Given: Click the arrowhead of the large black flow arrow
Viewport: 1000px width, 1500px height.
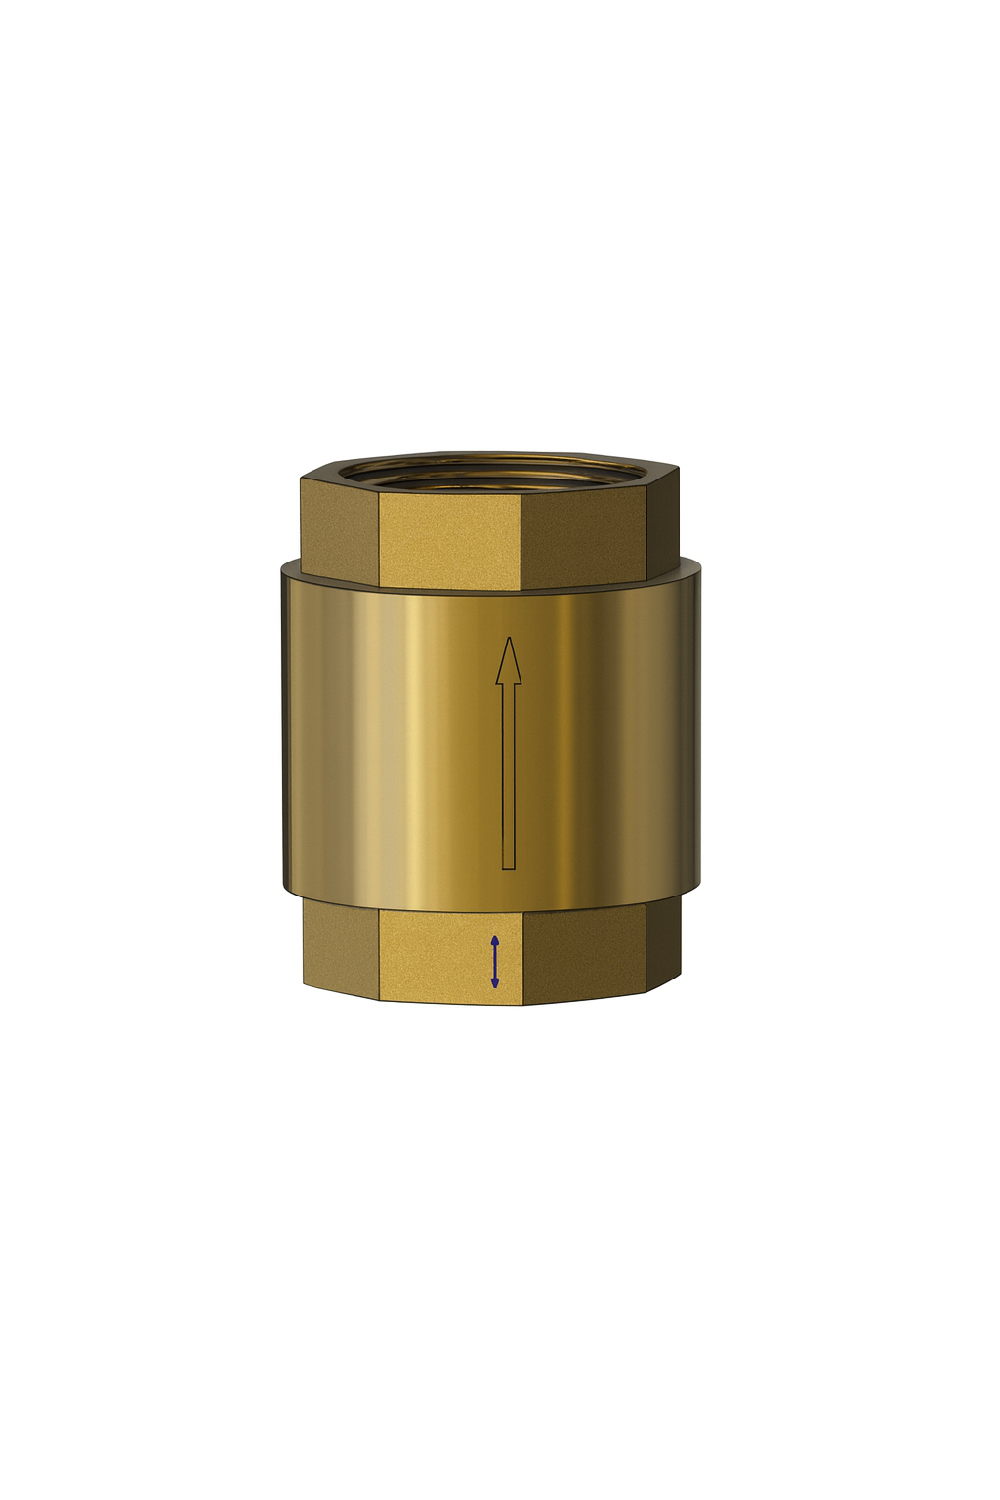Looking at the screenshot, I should tap(508, 661).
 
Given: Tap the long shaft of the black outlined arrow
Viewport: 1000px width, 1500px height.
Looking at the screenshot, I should tap(508, 771).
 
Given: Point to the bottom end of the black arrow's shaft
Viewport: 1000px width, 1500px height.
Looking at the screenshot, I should tap(508, 866).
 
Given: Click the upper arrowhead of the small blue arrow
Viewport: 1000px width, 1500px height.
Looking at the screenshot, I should tap(495, 940).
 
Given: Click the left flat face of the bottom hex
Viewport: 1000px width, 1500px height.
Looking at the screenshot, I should tap(340, 945).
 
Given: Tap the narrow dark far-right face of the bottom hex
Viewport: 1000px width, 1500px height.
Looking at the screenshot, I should tap(665, 942).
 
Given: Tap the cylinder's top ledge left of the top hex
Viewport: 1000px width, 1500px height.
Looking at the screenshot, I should tap(290, 567).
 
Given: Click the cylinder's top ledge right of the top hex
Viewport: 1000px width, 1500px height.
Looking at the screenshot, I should tap(689, 565).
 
